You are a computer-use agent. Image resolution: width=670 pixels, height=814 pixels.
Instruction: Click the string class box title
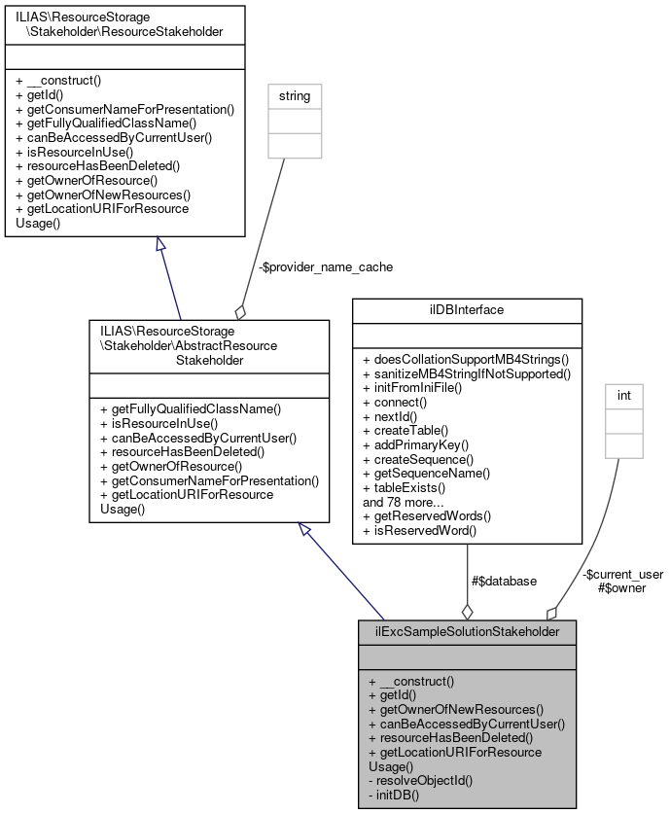point(295,96)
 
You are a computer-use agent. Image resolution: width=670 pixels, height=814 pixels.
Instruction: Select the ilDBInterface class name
point(467,310)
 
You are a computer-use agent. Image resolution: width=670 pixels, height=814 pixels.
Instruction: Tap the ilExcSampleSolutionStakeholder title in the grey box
point(467,631)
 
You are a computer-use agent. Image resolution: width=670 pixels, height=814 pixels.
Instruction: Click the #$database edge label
point(504,581)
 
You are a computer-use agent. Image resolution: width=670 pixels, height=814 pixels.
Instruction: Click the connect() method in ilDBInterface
point(395,402)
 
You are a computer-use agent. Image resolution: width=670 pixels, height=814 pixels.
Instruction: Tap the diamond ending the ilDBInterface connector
point(467,611)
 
